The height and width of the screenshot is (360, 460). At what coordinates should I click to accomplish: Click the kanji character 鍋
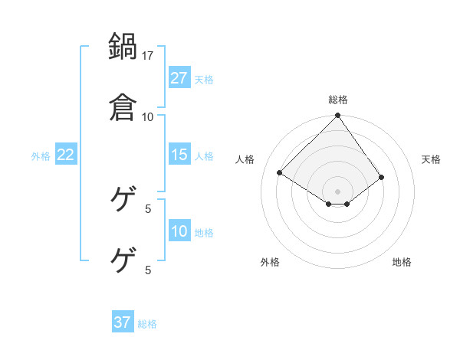123,47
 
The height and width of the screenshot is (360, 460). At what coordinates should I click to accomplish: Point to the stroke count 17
148,56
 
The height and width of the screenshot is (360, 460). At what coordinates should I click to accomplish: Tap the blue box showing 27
179,78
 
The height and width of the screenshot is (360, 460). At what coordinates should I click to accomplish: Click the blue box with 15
179,155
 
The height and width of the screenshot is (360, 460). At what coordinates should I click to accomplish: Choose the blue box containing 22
66,155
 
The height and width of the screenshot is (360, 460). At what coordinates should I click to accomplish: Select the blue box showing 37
123,322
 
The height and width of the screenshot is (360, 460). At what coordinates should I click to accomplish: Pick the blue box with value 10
179,231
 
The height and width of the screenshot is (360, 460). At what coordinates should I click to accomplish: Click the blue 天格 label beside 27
204,80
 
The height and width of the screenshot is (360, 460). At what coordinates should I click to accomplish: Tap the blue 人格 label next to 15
204,156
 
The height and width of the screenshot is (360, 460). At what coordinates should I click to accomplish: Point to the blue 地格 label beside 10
204,233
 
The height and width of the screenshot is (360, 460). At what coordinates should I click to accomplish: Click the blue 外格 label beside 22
41,156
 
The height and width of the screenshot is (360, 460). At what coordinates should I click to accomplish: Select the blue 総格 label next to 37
147,324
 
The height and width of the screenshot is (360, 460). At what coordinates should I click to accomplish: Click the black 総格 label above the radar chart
338,100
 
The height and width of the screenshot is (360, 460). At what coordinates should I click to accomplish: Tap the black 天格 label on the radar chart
432,159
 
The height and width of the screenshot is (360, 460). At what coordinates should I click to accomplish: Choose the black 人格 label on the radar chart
245,159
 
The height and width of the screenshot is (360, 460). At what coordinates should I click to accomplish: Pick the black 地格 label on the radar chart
402,262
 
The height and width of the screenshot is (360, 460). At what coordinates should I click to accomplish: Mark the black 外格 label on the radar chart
270,262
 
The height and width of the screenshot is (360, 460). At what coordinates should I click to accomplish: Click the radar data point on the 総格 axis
338,116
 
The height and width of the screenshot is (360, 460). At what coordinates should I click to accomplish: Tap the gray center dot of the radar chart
338,191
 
